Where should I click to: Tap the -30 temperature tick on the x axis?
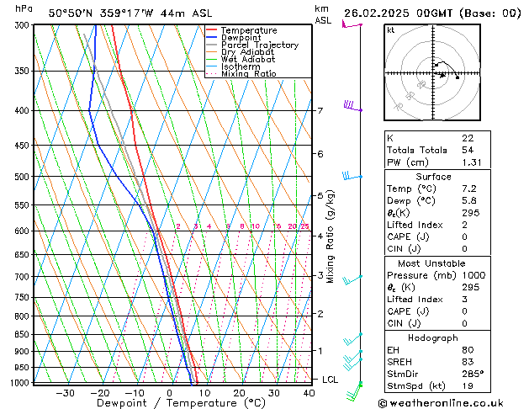65,392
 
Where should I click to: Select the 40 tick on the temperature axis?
310,392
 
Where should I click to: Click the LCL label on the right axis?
330,380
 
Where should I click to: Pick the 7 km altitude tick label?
320,110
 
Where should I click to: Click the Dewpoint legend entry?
243,38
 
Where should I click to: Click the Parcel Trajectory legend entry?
259,45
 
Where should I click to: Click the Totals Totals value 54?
467,150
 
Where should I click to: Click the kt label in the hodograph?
390,29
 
